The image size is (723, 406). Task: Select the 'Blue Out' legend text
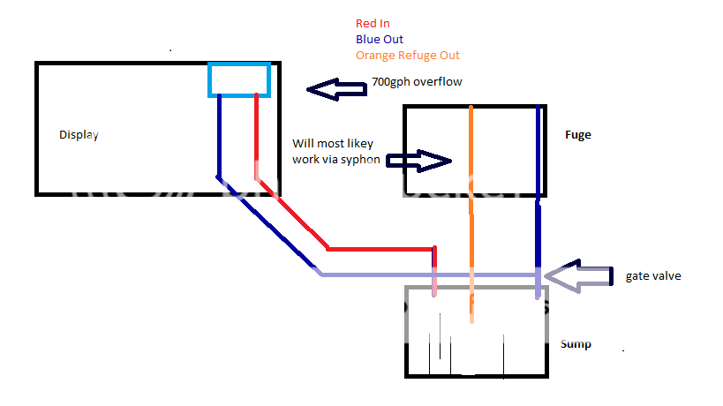click(x=379, y=39)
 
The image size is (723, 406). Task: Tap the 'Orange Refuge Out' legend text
click(x=407, y=55)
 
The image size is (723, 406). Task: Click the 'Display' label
click(x=79, y=135)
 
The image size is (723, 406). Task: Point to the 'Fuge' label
click(x=577, y=135)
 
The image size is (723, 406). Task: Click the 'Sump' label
click(x=576, y=343)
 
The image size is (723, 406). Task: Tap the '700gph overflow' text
click(x=417, y=82)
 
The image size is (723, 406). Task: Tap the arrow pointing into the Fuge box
click(x=419, y=161)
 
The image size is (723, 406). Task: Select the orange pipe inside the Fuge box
click(x=471, y=150)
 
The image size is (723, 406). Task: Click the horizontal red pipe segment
click(x=380, y=248)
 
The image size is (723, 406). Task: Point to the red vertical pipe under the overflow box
click(x=256, y=132)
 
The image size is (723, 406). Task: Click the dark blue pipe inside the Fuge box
click(x=538, y=150)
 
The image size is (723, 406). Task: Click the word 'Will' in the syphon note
click(x=302, y=144)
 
